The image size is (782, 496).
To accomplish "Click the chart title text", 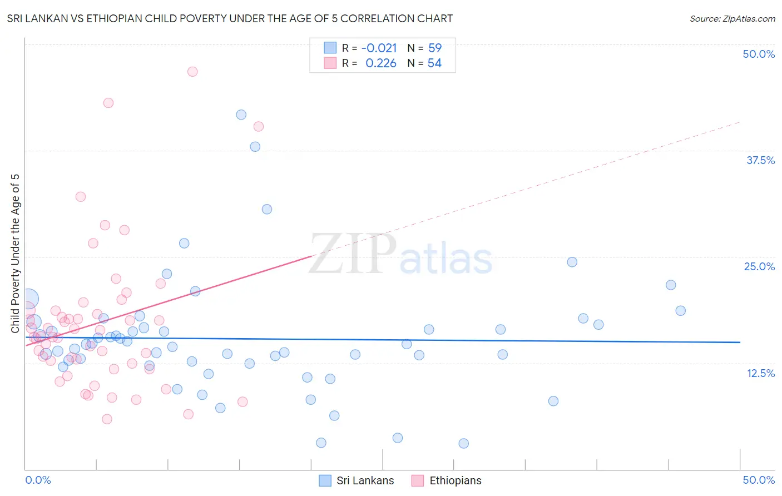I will click(x=230, y=18).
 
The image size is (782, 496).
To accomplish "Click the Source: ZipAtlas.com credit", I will click(x=732, y=18).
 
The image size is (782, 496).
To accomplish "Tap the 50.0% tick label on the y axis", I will click(x=759, y=54).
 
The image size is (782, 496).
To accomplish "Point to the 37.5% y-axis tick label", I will click(x=760, y=160).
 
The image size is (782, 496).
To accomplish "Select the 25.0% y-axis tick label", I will click(x=759, y=266).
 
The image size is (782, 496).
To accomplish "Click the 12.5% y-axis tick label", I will click(x=760, y=373).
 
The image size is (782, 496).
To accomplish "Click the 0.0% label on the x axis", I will click(x=38, y=480).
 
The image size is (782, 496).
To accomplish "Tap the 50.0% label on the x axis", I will click(x=759, y=480).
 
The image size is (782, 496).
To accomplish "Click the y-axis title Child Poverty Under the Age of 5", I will click(x=16, y=254).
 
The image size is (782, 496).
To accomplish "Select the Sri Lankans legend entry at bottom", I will click(x=357, y=480).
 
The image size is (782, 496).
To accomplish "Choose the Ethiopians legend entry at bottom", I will click(x=447, y=480).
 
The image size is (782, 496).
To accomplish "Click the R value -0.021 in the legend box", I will click(x=379, y=48).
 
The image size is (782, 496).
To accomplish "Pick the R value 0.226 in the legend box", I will click(x=381, y=63).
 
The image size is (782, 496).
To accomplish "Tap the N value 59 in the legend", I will click(x=435, y=48).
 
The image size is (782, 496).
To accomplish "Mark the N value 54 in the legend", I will click(x=434, y=63).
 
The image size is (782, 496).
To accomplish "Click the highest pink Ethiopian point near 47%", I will click(x=192, y=71).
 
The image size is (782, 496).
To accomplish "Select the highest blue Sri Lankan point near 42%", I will click(x=241, y=115).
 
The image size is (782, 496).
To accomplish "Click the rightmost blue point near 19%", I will click(x=680, y=311).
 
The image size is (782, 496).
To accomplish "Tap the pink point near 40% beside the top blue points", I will click(x=259, y=126).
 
